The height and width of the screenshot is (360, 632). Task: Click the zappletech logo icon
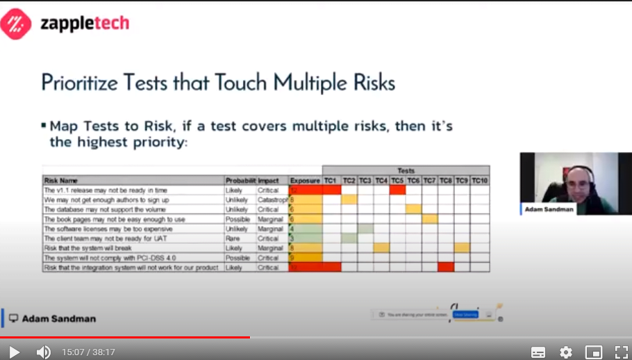click(15, 24)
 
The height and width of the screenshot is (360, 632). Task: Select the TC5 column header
click(397, 181)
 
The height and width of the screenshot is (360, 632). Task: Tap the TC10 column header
click(480, 181)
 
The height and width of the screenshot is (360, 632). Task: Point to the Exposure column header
click(305, 181)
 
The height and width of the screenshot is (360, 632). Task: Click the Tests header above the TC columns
click(406, 170)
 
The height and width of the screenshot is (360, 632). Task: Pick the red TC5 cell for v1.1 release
click(397, 190)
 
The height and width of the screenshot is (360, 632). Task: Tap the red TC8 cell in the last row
click(446, 267)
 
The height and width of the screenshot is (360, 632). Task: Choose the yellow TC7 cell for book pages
click(429, 219)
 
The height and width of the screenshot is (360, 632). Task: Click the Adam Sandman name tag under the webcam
click(549, 208)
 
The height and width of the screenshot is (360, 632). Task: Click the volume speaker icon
click(43, 352)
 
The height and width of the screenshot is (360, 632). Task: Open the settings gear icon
click(566, 352)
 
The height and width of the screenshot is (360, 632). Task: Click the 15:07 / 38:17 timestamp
click(88, 352)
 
